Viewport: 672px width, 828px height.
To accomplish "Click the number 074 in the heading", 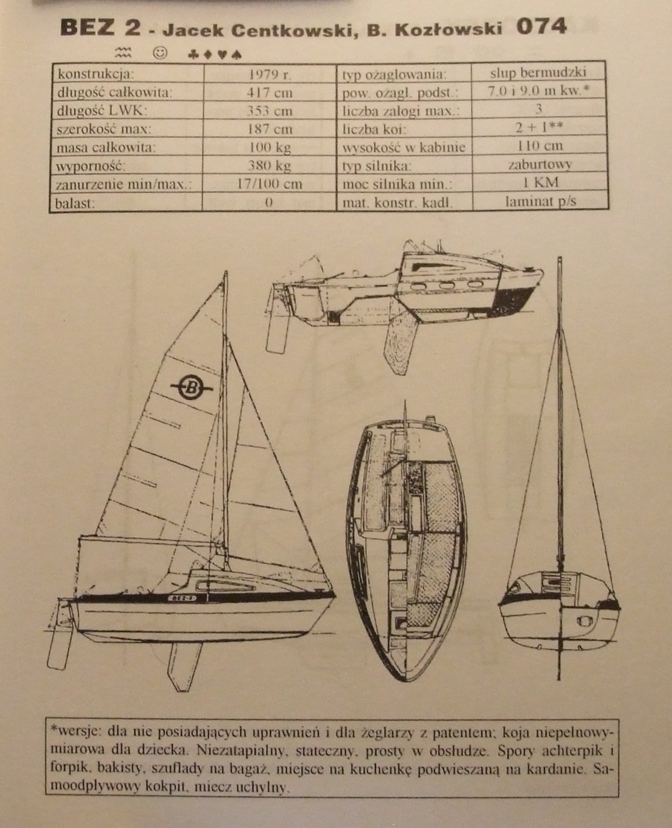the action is (x=541, y=27).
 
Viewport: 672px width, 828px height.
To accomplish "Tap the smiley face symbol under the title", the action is (x=160, y=52).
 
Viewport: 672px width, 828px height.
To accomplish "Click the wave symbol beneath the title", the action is (x=123, y=52).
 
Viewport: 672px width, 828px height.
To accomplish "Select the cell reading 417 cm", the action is (x=270, y=93).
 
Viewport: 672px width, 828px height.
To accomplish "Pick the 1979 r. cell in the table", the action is (x=270, y=74).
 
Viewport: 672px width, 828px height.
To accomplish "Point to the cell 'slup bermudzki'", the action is (x=538, y=73).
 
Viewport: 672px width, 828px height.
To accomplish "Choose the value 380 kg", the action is (x=270, y=166).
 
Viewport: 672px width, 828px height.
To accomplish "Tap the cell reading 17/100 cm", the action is (x=270, y=184).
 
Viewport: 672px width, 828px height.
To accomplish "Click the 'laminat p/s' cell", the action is (x=541, y=201).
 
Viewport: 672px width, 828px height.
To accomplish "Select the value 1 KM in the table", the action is (x=541, y=183).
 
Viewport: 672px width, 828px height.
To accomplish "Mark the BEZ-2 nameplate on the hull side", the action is (x=182, y=598).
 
